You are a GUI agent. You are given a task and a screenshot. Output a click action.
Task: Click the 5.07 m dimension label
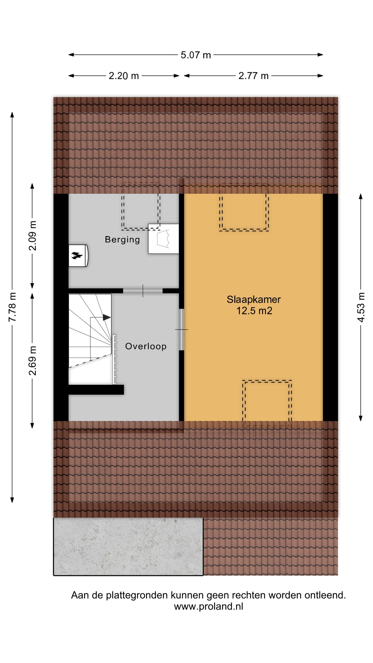[196, 55]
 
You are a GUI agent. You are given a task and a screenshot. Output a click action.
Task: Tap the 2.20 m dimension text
[124, 76]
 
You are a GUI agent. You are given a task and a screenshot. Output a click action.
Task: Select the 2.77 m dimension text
[253, 76]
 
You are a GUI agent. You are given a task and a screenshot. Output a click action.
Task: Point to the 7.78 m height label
[12, 307]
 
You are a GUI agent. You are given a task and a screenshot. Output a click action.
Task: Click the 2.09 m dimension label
[32, 236]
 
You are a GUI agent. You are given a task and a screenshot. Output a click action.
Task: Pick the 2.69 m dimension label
[32, 361]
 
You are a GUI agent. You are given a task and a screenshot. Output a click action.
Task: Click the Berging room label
[122, 240]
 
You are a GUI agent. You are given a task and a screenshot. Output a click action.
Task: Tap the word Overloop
[146, 346]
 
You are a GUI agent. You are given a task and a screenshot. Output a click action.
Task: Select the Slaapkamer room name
[254, 299]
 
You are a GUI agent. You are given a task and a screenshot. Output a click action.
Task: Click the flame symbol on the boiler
[77, 255]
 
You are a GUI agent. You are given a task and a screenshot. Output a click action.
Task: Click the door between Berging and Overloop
[143, 291]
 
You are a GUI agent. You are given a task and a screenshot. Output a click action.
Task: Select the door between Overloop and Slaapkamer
[181, 329]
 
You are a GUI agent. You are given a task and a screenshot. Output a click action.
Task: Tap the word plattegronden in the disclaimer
[137, 595]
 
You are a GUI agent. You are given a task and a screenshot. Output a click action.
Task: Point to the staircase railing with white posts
[114, 360]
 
